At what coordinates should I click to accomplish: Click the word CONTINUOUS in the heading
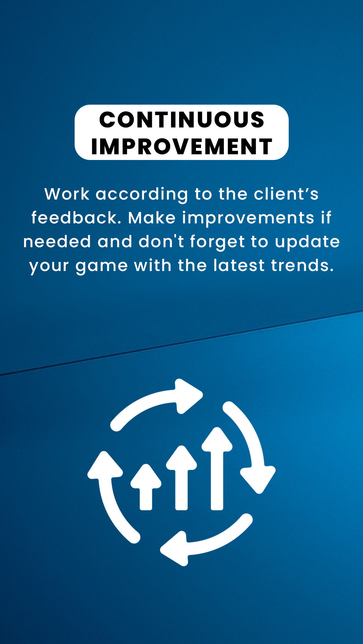click(182, 120)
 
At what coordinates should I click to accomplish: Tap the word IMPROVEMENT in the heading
click(182, 147)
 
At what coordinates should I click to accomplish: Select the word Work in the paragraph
click(67, 194)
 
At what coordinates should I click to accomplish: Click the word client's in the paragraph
click(286, 194)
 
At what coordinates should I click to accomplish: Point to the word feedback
click(76, 218)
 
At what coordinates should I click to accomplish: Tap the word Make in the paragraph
click(152, 218)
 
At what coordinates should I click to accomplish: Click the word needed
click(57, 241)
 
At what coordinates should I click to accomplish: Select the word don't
click(161, 241)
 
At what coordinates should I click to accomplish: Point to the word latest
click(239, 265)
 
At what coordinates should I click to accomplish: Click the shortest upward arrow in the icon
click(146, 487)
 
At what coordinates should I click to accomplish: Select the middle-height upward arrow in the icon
click(182, 478)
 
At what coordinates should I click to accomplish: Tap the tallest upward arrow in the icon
click(217, 468)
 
